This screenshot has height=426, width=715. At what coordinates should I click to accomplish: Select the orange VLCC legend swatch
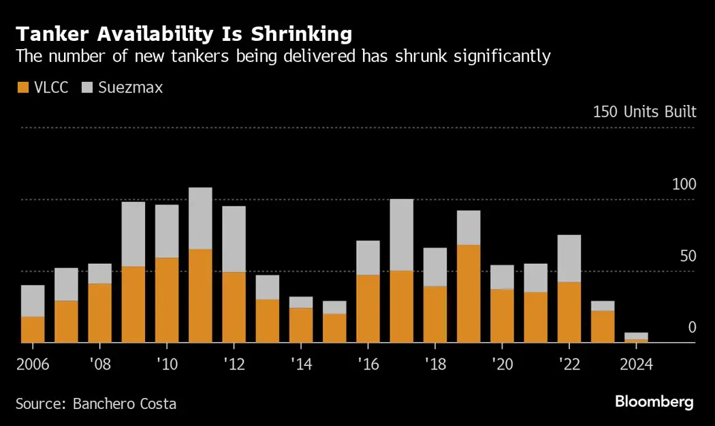coord(22,87)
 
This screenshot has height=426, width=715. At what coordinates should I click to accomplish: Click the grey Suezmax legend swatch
coord(87,87)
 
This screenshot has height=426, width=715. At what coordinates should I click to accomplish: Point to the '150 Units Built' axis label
coord(644,112)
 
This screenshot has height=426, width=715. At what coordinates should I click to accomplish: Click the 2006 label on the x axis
coord(33,364)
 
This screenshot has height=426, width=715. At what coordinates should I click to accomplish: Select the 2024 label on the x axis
coord(636,364)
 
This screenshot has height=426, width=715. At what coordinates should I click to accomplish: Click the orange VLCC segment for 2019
coord(468,293)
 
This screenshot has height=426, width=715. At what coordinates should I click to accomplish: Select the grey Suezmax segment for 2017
coord(401,234)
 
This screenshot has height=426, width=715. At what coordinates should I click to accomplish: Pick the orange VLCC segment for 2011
coord(200,296)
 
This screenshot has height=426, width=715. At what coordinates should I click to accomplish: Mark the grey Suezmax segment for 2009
coord(133,234)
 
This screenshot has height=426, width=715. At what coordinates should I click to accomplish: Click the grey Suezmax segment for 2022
coord(569,258)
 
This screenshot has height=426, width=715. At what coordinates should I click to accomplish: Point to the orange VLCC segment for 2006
coord(33,329)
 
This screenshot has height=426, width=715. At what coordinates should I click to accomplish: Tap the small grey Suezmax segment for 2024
coord(636,335)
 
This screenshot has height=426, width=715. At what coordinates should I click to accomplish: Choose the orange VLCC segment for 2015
coord(334,328)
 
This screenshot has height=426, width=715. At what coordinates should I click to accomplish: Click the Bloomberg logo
coord(654,402)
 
